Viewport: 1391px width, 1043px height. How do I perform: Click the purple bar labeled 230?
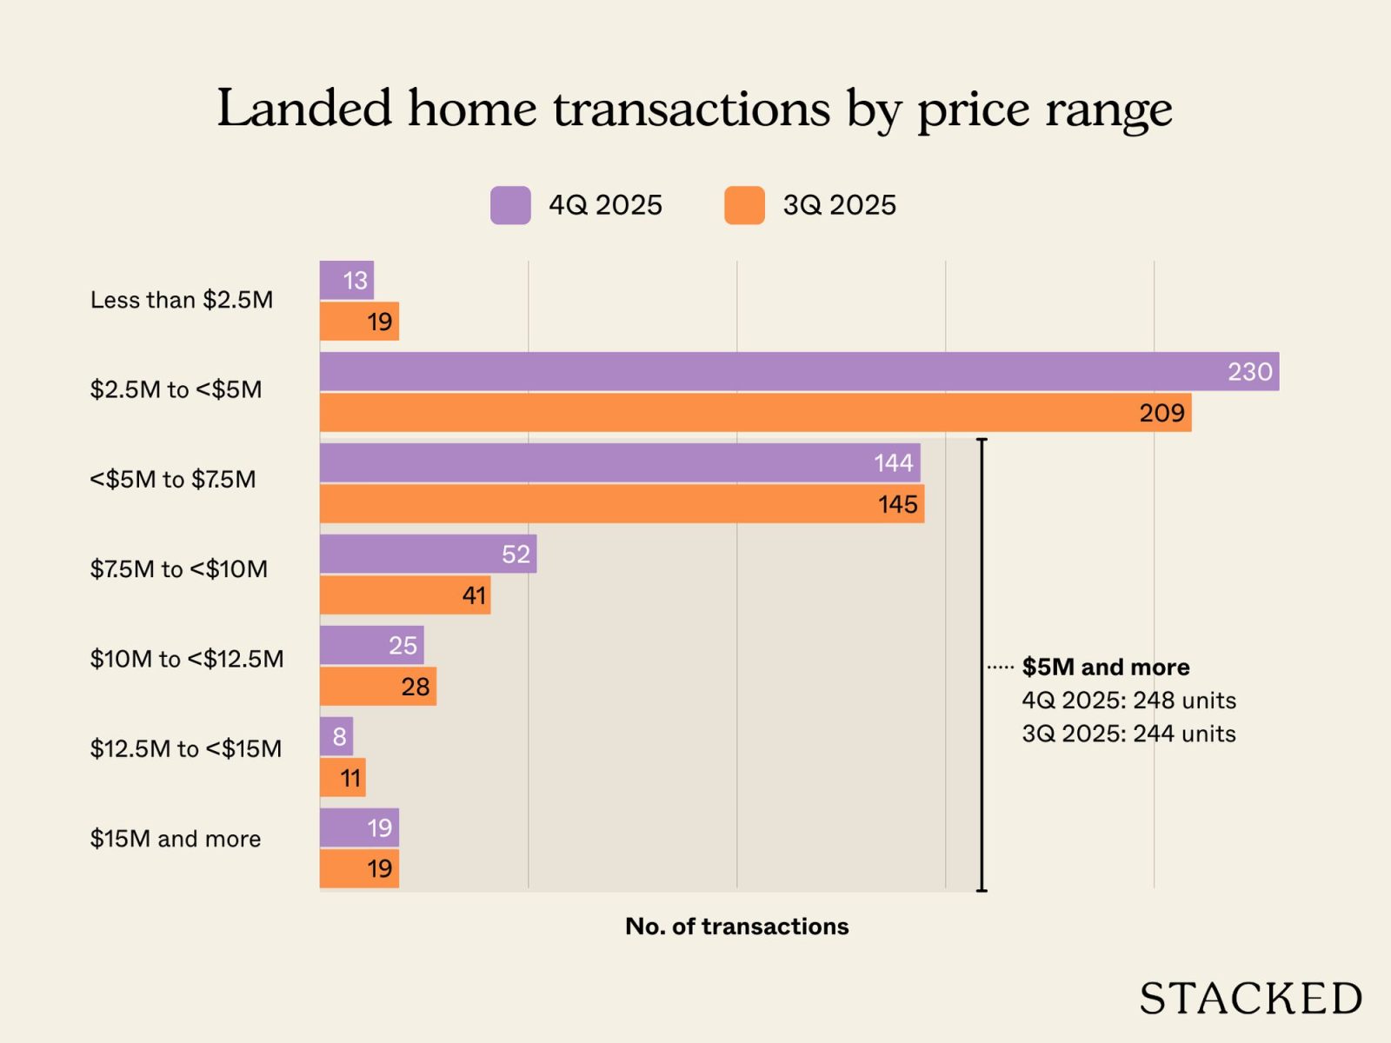[799, 371]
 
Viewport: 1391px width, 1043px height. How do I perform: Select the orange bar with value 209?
[755, 412]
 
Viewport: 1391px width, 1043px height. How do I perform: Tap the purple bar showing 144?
[620, 462]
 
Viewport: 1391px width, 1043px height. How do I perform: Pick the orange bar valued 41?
[405, 595]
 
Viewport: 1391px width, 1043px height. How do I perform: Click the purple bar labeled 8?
[336, 736]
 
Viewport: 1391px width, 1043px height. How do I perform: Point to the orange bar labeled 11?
[343, 777]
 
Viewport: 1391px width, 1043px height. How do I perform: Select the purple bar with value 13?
[346, 280]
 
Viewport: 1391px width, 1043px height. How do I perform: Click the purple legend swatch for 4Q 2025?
[510, 206]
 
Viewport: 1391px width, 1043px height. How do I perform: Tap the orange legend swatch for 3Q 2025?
[744, 206]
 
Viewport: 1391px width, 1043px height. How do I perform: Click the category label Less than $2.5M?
[182, 300]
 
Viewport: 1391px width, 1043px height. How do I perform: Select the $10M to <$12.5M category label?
[187, 659]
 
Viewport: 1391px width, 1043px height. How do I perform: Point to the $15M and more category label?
[176, 839]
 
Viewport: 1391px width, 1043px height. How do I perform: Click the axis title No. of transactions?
[736, 927]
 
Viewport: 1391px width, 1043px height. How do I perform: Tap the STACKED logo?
[1250, 999]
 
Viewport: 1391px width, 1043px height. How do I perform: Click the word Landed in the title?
[304, 109]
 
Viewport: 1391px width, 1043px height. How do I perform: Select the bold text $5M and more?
[1106, 667]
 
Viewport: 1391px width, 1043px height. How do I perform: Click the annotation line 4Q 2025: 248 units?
[1128, 701]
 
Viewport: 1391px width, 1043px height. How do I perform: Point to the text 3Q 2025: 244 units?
[1128, 734]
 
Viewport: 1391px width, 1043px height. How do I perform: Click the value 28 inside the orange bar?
[416, 687]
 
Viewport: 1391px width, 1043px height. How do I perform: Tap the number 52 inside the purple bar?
[516, 554]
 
